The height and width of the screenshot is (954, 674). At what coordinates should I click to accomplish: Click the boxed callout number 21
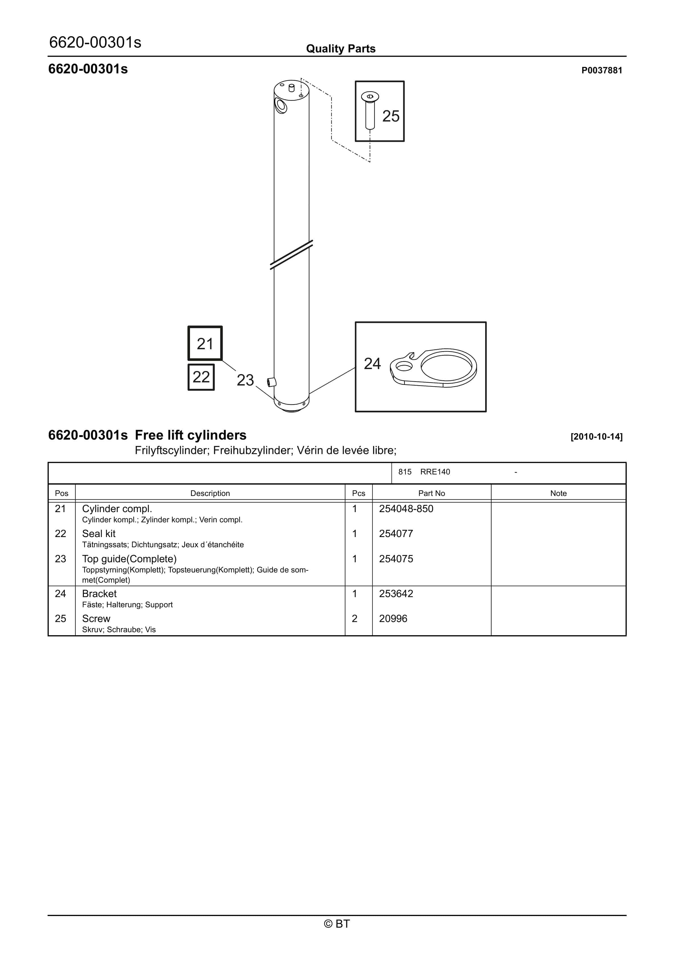coord(205,344)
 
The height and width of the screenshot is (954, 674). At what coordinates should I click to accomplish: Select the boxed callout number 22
coord(201,377)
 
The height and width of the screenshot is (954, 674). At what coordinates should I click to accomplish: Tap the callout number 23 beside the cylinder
coord(245,380)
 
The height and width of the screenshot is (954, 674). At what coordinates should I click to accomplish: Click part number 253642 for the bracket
coord(396,593)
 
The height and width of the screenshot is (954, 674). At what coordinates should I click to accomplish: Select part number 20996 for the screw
coord(393,618)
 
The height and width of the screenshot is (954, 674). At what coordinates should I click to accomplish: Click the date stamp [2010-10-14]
coord(596,437)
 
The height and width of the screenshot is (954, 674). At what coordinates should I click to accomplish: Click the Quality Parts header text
coord(341,49)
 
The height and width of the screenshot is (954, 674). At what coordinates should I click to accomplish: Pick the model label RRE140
coord(435,472)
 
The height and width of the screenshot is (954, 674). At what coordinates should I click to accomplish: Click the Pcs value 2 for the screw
coord(355,618)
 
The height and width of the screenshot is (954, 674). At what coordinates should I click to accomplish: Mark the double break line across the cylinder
coord(291,254)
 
